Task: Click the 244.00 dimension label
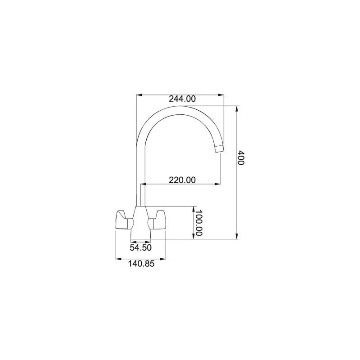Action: (182, 99)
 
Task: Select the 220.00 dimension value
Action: (182, 180)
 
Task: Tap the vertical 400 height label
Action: (241, 158)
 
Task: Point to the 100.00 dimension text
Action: (198, 223)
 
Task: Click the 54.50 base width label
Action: (141, 247)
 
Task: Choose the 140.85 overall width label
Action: (141, 264)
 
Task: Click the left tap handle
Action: (124, 220)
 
